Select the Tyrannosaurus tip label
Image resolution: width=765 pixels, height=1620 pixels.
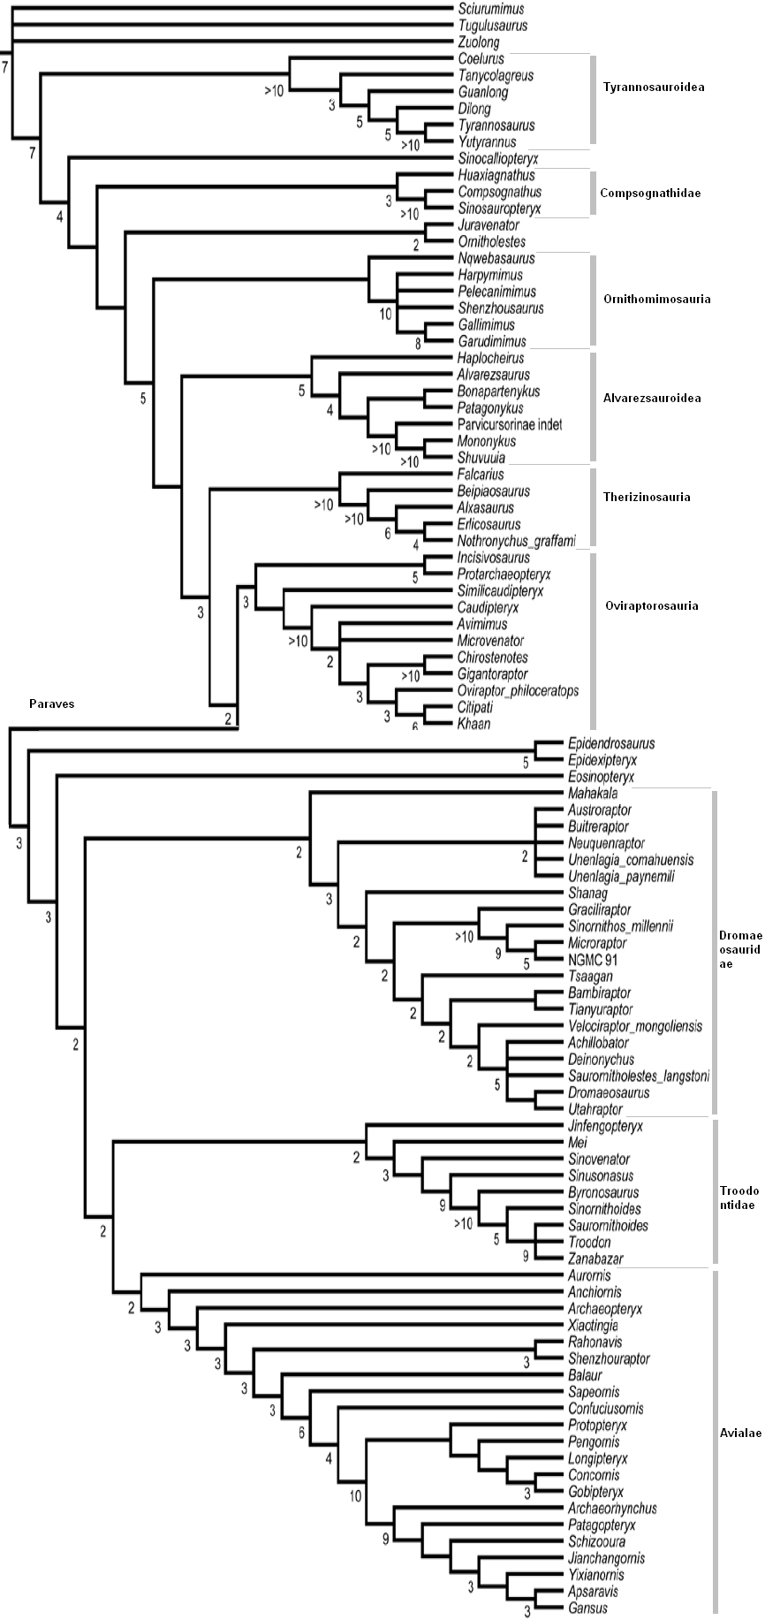(x=496, y=125)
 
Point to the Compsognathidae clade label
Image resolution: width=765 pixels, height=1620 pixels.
(x=650, y=193)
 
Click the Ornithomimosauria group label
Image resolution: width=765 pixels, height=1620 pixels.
(x=656, y=299)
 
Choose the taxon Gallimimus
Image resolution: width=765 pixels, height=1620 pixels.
(x=488, y=325)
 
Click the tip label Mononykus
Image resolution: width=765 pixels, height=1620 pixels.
(x=487, y=441)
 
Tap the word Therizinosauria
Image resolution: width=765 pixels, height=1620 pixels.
(x=647, y=497)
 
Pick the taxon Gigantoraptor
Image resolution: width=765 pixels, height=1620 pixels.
(x=492, y=674)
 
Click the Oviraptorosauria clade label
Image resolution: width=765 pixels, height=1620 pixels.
(x=651, y=605)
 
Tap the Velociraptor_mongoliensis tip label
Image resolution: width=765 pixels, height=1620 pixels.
(x=635, y=1026)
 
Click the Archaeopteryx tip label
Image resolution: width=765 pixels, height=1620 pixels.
(x=605, y=1309)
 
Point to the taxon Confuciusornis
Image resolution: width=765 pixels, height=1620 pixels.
(x=606, y=1409)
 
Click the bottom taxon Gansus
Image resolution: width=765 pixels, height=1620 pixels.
(x=588, y=1609)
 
